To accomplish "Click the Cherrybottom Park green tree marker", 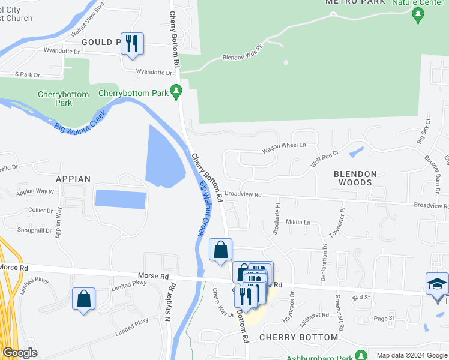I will (x=176, y=93).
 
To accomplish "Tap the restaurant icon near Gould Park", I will (x=132, y=44).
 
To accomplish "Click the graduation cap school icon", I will (x=436, y=283).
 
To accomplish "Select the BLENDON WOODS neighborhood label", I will (x=355, y=178).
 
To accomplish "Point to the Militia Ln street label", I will (x=298, y=223).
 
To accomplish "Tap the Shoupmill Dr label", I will (x=35, y=230).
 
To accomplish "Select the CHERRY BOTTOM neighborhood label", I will (x=299, y=337).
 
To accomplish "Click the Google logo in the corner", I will (x=20, y=353).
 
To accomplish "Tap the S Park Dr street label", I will (x=27, y=75).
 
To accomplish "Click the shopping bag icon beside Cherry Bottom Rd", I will (x=220, y=249).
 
